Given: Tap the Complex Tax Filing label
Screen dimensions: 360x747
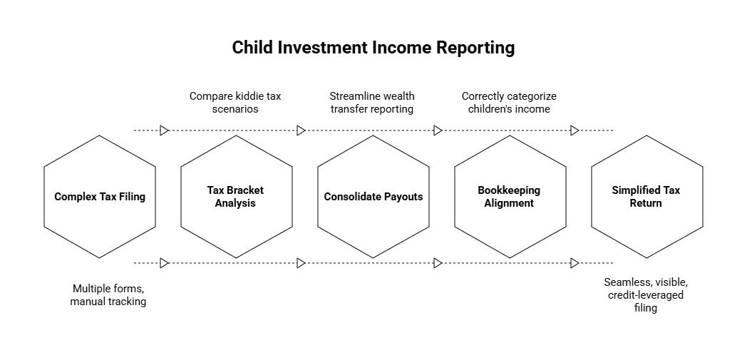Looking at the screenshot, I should (x=100, y=197).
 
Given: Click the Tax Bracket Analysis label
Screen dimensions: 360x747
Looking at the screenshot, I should (x=235, y=197).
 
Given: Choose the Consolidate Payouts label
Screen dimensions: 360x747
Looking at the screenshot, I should (x=373, y=197).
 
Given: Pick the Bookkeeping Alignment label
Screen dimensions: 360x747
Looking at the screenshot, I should (x=509, y=197).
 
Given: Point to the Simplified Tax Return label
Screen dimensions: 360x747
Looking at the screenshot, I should (x=646, y=197).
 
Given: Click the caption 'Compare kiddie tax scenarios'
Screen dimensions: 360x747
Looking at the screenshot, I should (x=235, y=103).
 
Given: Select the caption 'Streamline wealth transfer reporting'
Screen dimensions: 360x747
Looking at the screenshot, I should (x=371, y=103).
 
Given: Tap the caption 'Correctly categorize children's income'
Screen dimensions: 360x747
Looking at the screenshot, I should (x=509, y=103).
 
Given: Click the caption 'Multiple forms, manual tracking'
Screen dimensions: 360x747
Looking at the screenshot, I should (x=108, y=295).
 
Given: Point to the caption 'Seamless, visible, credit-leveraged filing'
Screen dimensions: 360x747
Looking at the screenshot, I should (x=646, y=295).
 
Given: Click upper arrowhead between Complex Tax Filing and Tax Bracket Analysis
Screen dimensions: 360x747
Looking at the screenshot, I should (x=164, y=130).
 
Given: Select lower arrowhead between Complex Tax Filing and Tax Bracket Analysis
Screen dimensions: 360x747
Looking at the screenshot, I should (x=164, y=263).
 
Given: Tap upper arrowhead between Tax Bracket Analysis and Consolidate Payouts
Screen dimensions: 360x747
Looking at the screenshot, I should (x=301, y=130).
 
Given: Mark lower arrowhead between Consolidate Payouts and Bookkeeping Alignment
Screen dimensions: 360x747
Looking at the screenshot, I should (x=438, y=263).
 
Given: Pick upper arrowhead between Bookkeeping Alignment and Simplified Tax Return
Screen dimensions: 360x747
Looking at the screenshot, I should (x=575, y=130).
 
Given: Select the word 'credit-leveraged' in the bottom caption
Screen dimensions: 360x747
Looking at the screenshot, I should (x=646, y=295).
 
